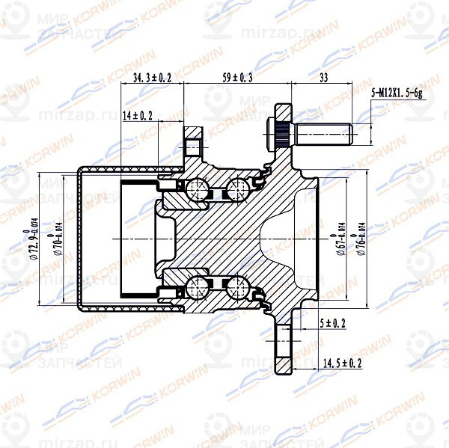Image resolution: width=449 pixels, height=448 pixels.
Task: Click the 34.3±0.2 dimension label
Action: coord(152,77)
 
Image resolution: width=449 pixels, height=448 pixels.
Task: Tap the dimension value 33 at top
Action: coord(324,77)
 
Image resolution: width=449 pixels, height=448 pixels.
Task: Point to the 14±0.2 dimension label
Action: coord(137,115)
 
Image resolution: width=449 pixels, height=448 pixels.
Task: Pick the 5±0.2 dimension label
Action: coord(333,322)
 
